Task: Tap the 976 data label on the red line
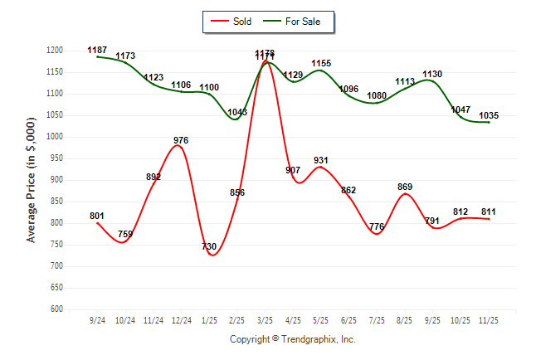click(181, 139)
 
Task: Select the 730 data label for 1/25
click(209, 247)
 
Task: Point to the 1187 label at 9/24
click(97, 51)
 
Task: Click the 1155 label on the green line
click(321, 63)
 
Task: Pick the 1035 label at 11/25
click(489, 115)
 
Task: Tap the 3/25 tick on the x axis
click(266, 319)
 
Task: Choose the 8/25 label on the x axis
click(405, 319)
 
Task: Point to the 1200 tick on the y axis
click(55, 51)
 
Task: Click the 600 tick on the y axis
click(57, 309)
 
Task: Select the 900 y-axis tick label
click(57, 180)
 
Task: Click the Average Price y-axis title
click(32, 180)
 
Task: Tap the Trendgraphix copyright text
click(292, 339)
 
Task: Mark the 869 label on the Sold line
click(405, 187)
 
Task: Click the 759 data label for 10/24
click(125, 235)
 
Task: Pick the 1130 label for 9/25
click(432, 74)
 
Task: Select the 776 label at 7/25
click(377, 226)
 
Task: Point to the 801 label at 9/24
click(97, 216)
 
